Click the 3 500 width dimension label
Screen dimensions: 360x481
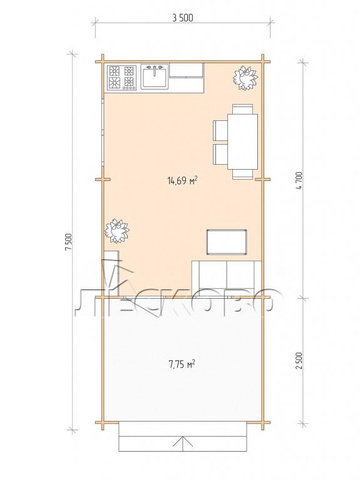[183, 18]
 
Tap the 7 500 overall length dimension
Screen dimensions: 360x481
[68, 242]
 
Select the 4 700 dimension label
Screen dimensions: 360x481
[299, 180]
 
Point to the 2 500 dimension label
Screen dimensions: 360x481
[299, 361]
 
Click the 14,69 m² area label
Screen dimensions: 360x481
[182, 180]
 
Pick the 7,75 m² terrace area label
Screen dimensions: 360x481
[182, 364]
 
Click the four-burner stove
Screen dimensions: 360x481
[121, 78]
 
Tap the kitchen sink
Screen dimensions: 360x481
[155, 76]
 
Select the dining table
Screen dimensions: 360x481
[242, 142]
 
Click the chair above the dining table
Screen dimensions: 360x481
[242, 109]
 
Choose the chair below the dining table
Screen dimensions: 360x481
[242, 174]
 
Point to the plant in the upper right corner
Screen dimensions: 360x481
[245, 78]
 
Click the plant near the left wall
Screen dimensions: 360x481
[116, 230]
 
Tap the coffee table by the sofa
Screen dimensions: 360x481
[227, 242]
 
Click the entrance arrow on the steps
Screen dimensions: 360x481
[183, 443]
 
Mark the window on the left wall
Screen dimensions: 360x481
[103, 132]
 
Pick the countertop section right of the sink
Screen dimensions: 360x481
[186, 71]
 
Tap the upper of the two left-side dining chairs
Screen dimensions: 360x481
[220, 130]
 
